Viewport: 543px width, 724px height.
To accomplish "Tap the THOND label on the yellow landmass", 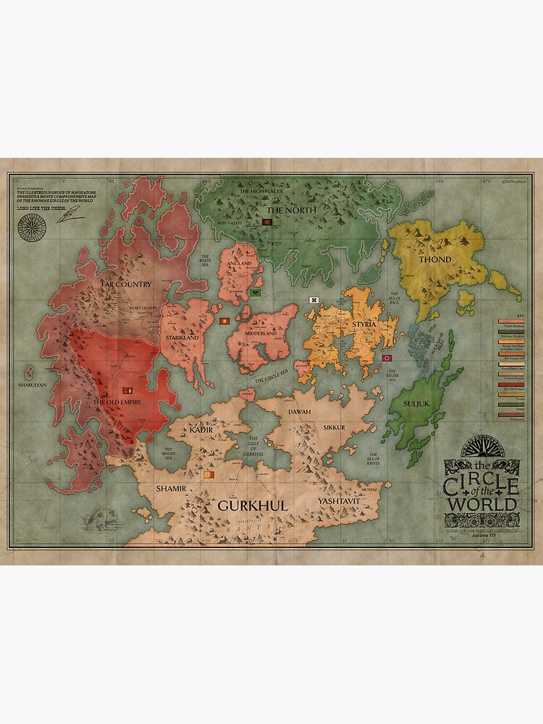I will click(x=434, y=259).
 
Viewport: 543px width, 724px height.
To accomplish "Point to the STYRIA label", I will click(x=363, y=324).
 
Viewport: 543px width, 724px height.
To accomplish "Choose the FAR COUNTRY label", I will click(x=126, y=285).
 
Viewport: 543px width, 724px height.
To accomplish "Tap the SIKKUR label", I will click(x=335, y=428).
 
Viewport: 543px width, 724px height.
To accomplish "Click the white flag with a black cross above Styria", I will click(x=314, y=300).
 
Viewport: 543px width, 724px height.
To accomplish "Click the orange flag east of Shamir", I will click(x=209, y=475).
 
